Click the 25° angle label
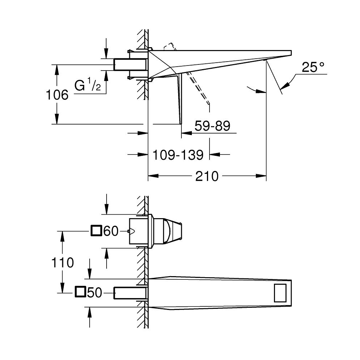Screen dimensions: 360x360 pos(313,67)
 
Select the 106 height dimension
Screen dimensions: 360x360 pos(57,95)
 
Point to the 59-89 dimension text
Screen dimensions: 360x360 pos(212,126)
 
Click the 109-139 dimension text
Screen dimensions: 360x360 pos(178,155)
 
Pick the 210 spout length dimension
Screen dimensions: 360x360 pos(207,176)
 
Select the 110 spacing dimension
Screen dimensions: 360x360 pos(62,262)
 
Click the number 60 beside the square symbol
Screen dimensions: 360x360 pos(111,231)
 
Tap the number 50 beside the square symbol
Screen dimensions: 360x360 pos(95,293)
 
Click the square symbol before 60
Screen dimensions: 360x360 pos(96,231)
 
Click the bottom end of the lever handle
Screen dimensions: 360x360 pos(181,123)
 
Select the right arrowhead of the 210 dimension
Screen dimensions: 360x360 pos(261,176)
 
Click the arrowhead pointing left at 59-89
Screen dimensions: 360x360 pos(186,133)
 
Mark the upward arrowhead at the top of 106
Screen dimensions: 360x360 pos(57,70)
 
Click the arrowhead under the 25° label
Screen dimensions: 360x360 pos(285,86)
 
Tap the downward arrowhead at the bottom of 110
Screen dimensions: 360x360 pos(62,287)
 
